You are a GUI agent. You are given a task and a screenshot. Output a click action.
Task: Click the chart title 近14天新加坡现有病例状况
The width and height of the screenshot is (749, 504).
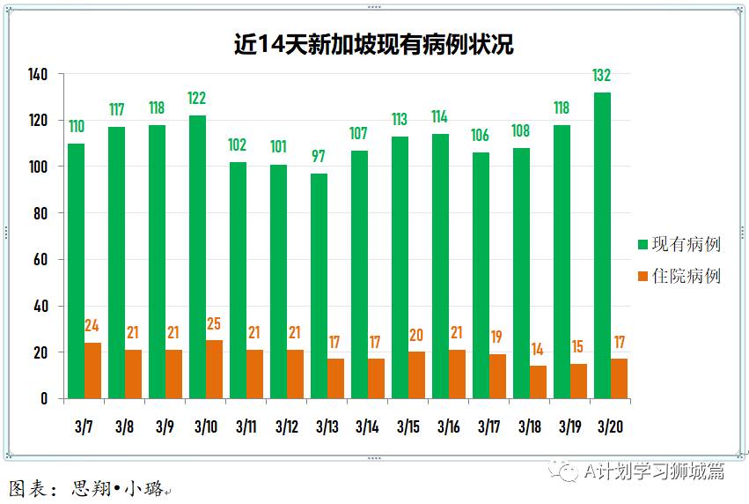pyautogui.click(x=373, y=44)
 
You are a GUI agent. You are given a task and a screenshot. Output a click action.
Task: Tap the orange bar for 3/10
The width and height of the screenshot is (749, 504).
pyautogui.click(x=214, y=369)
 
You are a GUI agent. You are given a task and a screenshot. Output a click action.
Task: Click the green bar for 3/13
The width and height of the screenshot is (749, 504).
pyautogui.click(x=319, y=285)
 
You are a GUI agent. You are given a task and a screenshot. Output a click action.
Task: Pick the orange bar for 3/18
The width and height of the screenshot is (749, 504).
pyautogui.click(x=538, y=382)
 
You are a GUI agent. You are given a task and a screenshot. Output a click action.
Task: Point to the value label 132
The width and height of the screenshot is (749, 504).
pyautogui.click(x=602, y=76)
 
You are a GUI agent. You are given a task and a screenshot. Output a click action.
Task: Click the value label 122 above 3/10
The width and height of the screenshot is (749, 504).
pyautogui.click(x=197, y=99)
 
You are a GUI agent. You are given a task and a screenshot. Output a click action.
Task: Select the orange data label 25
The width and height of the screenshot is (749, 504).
pyautogui.click(x=214, y=325)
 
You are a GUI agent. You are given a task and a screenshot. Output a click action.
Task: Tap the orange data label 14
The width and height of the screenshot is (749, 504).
pyautogui.click(x=538, y=351)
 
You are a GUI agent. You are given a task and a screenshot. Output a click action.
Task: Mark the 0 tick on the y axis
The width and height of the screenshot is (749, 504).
pyautogui.click(x=43, y=398)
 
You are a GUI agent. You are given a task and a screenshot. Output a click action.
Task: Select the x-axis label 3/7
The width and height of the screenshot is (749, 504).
pyautogui.click(x=84, y=427)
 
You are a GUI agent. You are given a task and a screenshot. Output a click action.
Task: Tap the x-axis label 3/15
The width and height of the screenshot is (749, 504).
pyautogui.click(x=408, y=427)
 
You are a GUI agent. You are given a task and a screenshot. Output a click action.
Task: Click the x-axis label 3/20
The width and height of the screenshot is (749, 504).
pyautogui.click(x=610, y=427)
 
